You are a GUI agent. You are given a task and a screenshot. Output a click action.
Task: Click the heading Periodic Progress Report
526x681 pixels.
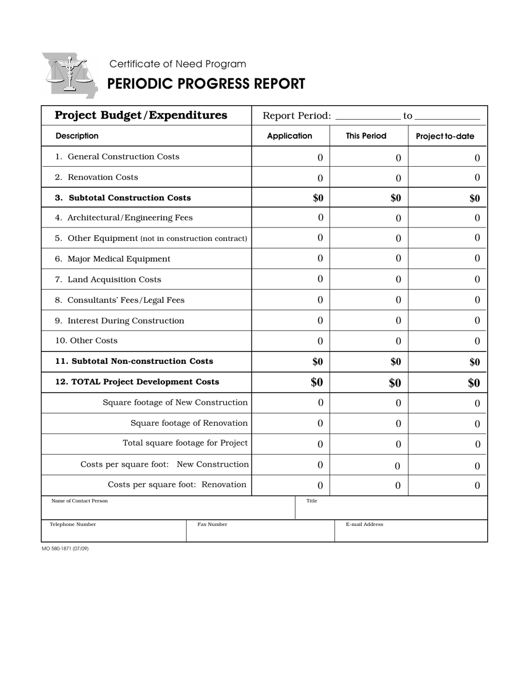205,84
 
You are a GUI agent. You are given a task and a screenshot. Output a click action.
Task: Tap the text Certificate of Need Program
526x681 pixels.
177,64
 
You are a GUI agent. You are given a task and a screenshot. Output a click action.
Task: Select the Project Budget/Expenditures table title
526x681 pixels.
141,115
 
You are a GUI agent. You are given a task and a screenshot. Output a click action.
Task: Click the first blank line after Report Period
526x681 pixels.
368,116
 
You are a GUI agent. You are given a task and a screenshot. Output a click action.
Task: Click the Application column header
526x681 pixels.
289,136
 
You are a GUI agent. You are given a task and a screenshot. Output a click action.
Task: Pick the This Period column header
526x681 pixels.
366,136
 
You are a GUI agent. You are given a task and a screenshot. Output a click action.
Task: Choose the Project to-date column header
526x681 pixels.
445,136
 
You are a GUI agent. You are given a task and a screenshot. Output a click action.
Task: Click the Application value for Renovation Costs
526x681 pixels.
320,178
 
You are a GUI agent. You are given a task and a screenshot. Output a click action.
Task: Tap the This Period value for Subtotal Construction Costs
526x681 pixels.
395,198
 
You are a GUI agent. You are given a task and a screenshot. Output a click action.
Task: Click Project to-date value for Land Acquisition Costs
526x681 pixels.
477,280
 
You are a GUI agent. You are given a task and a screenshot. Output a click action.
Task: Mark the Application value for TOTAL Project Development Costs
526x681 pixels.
316,383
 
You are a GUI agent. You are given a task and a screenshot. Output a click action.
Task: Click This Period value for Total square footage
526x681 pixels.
398,445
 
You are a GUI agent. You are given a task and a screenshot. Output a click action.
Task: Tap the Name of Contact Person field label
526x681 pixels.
79,501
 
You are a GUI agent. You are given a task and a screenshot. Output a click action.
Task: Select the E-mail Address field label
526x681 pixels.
364,524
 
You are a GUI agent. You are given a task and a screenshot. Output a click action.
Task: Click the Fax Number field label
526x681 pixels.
212,524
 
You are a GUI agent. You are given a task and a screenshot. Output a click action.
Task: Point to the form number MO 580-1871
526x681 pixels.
65,549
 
